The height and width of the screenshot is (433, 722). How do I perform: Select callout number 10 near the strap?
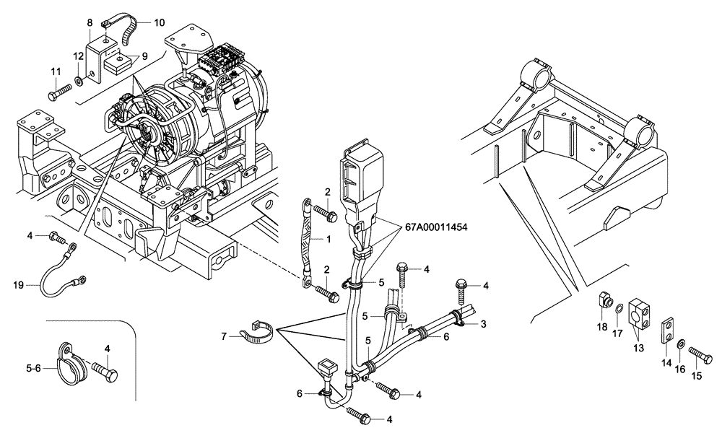(159, 23)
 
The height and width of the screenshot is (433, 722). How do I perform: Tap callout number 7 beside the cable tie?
(224, 336)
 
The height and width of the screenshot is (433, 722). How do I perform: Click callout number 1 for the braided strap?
(329, 239)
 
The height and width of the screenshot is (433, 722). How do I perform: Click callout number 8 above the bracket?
(90, 23)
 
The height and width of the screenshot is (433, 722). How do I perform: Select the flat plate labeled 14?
(668, 328)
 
